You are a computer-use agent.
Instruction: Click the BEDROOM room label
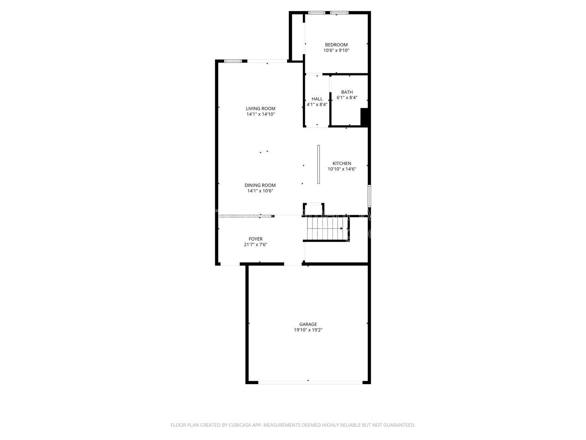[x=336, y=45]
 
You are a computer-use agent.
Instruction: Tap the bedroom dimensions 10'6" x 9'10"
[x=336, y=50]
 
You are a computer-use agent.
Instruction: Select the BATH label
[x=347, y=92]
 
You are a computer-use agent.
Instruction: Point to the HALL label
[x=317, y=99]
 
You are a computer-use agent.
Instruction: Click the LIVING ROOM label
[x=260, y=108]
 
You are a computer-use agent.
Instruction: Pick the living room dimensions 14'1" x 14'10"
[x=260, y=114]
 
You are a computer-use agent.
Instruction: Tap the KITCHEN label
[x=342, y=163]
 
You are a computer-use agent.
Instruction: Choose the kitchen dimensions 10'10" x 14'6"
[x=342, y=169]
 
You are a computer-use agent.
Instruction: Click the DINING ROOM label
[x=260, y=185]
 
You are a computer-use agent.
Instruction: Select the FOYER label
[x=256, y=239]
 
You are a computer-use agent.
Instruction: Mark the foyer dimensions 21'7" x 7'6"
[x=256, y=244]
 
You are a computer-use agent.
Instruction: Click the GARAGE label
[x=308, y=324]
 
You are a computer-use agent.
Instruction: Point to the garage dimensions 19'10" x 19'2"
[x=308, y=330]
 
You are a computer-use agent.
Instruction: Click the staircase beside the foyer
[x=326, y=229]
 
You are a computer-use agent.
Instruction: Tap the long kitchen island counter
[x=318, y=164]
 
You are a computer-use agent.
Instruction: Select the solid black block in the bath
[x=364, y=117]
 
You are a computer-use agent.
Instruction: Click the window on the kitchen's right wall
[x=369, y=196]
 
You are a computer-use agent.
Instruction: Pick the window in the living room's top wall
[x=233, y=61]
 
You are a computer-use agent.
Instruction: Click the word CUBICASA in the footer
[x=240, y=425]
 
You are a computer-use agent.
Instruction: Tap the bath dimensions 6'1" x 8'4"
[x=347, y=97]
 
